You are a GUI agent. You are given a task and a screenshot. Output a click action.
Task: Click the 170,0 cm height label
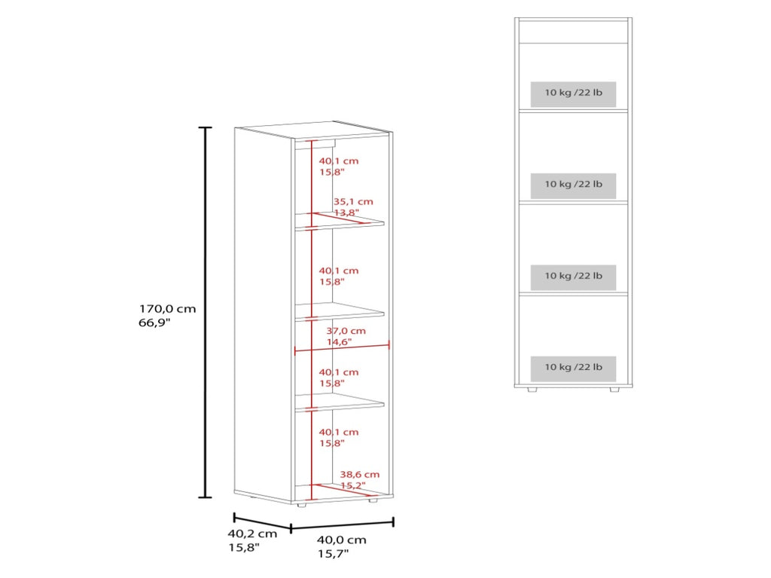pyautogui.click(x=167, y=309)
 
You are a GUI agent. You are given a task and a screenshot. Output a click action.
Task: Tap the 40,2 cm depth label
pyautogui.click(x=252, y=534)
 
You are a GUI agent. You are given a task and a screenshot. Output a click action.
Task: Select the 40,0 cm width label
pyautogui.click(x=341, y=540)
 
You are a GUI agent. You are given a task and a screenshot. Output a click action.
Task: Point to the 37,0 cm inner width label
pyautogui.click(x=346, y=331)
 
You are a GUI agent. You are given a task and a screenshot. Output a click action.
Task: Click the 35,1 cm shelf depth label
pyautogui.click(x=353, y=201)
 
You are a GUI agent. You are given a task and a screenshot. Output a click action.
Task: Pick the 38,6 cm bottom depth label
pyautogui.click(x=360, y=475)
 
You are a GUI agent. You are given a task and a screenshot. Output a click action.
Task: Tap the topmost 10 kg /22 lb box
pyautogui.click(x=573, y=94)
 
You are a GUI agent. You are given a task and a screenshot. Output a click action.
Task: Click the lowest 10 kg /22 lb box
pyautogui.click(x=573, y=369)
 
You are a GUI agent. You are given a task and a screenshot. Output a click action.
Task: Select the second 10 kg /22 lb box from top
pyautogui.click(x=573, y=185)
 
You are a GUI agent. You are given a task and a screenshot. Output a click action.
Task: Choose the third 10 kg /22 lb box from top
pyautogui.click(x=573, y=277)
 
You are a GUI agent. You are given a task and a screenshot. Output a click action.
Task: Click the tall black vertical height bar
pyautogui.click(x=205, y=312)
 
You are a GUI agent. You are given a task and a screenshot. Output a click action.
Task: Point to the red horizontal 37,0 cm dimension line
pyautogui.click(x=342, y=348)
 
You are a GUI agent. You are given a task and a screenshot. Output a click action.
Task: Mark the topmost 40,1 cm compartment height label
pyautogui.click(x=339, y=161)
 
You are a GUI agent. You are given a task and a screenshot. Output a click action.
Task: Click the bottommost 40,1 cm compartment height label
pyautogui.click(x=339, y=433)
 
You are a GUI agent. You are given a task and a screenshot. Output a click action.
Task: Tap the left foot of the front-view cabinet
pyautogui.click(x=531, y=389)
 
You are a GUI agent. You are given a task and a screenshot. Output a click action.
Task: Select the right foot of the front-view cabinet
pyautogui.click(x=614, y=389)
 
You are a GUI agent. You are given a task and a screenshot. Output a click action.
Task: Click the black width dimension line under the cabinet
pyautogui.click(x=343, y=524)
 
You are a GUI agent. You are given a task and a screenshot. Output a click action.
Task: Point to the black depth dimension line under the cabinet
pyautogui.click(x=263, y=522)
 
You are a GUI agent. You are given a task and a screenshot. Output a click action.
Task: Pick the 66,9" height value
pyautogui.click(x=154, y=323)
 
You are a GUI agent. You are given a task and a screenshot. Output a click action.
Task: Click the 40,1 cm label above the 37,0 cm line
pyautogui.click(x=339, y=271)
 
